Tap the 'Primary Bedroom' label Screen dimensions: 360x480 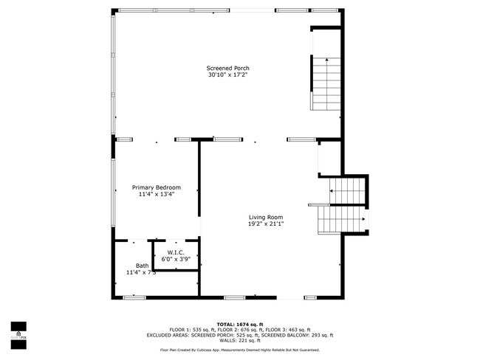(x=157, y=187)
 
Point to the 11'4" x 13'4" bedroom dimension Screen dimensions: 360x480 (x=157, y=194)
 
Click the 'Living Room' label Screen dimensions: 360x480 (x=265, y=217)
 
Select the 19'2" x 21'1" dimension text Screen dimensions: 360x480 (x=265, y=224)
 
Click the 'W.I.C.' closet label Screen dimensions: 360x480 (x=175, y=253)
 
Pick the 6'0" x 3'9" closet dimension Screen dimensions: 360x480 (x=175, y=260)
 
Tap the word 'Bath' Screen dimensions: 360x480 (x=142, y=266)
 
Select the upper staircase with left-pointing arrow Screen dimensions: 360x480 (x=348, y=191)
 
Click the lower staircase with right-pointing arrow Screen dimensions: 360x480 (x=342, y=218)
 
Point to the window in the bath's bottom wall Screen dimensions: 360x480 (x=134, y=297)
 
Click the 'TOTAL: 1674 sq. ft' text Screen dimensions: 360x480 (x=239, y=324)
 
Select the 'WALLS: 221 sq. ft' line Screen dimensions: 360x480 (x=239, y=340)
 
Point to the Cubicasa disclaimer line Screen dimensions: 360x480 (x=239, y=348)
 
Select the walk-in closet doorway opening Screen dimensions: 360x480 (x=175, y=240)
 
